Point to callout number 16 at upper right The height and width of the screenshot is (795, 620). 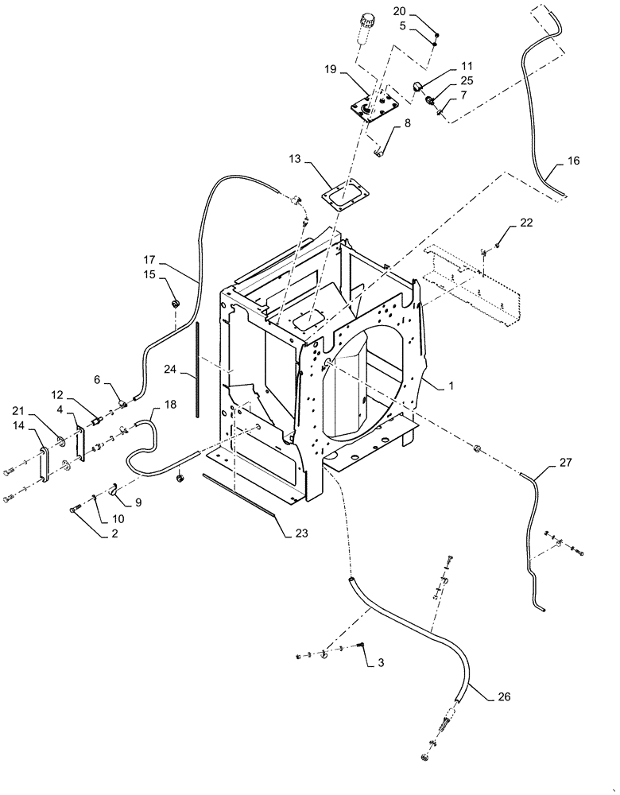coord(573,161)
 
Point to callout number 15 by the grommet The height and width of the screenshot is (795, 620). coord(150,274)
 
